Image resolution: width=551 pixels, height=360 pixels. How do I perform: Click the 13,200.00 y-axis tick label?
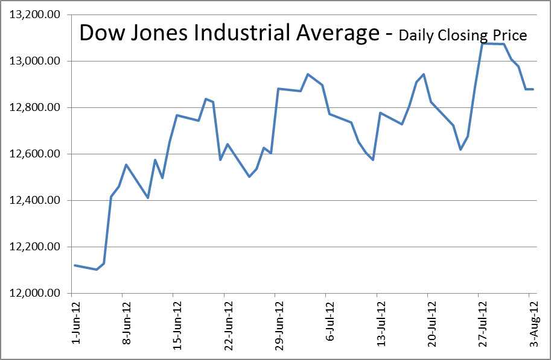pyautogui.click(x=34, y=15)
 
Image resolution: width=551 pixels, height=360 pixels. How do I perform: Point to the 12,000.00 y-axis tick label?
pyautogui.click(x=34, y=294)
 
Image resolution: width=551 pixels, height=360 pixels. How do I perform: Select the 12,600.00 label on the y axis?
pyautogui.click(x=34, y=154)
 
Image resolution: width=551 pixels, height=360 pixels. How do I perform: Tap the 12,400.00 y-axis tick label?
pyautogui.click(x=34, y=201)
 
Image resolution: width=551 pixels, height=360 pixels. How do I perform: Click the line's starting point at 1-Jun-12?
pyautogui.click(x=74, y=265)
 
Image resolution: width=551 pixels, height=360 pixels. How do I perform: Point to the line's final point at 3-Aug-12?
pyautogui.click(x=533, y=89)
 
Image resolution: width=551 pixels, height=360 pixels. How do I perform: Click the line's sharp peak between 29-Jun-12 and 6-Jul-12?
pyautogui.click(x=308, y=74)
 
